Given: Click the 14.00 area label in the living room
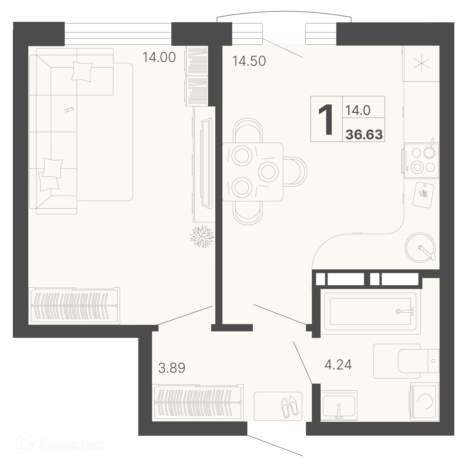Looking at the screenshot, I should point(159,57).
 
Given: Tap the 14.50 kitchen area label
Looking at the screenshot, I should point(249,61).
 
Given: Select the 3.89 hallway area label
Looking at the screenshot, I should point(172,368).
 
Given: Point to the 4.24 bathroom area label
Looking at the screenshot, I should point(338,365).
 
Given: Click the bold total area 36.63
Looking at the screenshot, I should point(364,135).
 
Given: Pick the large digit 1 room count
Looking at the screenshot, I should point(326,119).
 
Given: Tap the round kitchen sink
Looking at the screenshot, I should point(420,248).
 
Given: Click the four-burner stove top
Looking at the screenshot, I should point(422,161).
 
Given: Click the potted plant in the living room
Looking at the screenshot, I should point(202,236).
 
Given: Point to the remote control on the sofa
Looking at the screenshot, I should point(69,110).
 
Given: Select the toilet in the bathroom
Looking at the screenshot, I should point(417,361).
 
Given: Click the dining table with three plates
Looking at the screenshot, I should point(253,172).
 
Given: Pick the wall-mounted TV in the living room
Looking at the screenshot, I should point(206,163).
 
